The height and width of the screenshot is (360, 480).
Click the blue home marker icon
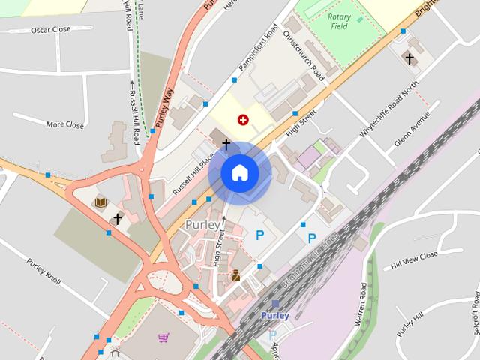tap(239, 173)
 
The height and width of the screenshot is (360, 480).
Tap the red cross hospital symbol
tap(242, 119)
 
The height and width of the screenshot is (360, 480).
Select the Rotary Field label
tap(344, 23)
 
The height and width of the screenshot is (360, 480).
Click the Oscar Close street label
tap(51, 30)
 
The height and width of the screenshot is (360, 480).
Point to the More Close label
tap(65, 125)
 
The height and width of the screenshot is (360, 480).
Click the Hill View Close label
tap(413, 260)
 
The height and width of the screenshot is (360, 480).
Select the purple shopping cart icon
tap(163, 337)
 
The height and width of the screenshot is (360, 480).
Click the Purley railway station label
tap(275, 316)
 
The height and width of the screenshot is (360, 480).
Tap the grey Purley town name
tap(202, 225)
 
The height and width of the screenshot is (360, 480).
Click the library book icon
tap(99, 202)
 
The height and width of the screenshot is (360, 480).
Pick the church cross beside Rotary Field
tap(409, 58)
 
